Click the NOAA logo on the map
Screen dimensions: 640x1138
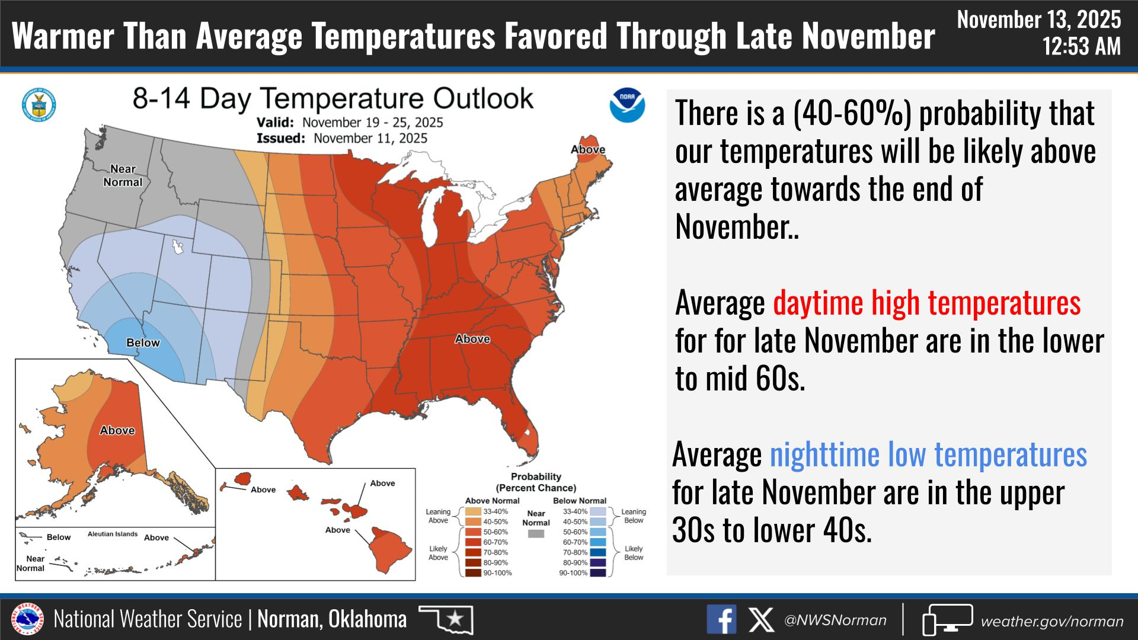click(627, 105)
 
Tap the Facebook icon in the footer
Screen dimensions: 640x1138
click(721, 620)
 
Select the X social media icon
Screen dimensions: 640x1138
click(760, 620)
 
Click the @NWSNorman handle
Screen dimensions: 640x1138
click(835, 620)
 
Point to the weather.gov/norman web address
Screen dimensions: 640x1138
click(1052, 622)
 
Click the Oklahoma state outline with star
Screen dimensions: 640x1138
click(446, 620)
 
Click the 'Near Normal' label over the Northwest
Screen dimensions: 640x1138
click(123, 176)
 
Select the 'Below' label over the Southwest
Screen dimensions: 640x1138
click(143, 343)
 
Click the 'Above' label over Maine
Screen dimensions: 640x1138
click(587, 149)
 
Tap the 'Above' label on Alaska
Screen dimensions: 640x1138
click(117, 431)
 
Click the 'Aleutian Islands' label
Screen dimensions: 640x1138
click(113, 534)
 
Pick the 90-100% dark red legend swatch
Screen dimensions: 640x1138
click(472, 573)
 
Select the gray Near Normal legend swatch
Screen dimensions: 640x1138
click(536, 534)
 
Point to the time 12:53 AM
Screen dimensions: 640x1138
click(1082, 46)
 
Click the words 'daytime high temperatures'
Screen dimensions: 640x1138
click(926, 303)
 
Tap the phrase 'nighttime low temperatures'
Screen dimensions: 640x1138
click(928, 455)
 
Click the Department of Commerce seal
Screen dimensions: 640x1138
click(39, 105)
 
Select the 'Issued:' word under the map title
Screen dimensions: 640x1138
click(280, 138)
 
